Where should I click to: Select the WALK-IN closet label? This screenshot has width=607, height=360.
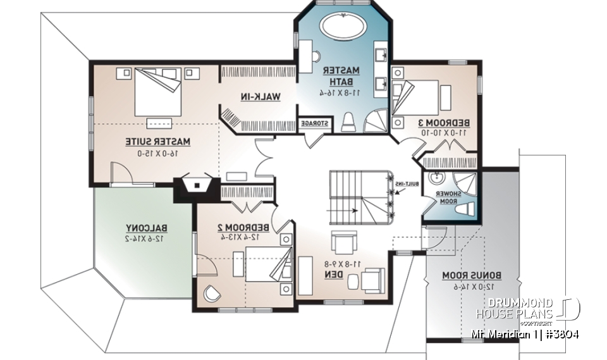260,96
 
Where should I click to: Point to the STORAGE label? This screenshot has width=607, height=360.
314,123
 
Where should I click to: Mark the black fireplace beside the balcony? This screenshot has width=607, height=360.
198,186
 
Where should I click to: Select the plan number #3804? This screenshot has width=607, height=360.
561,333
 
